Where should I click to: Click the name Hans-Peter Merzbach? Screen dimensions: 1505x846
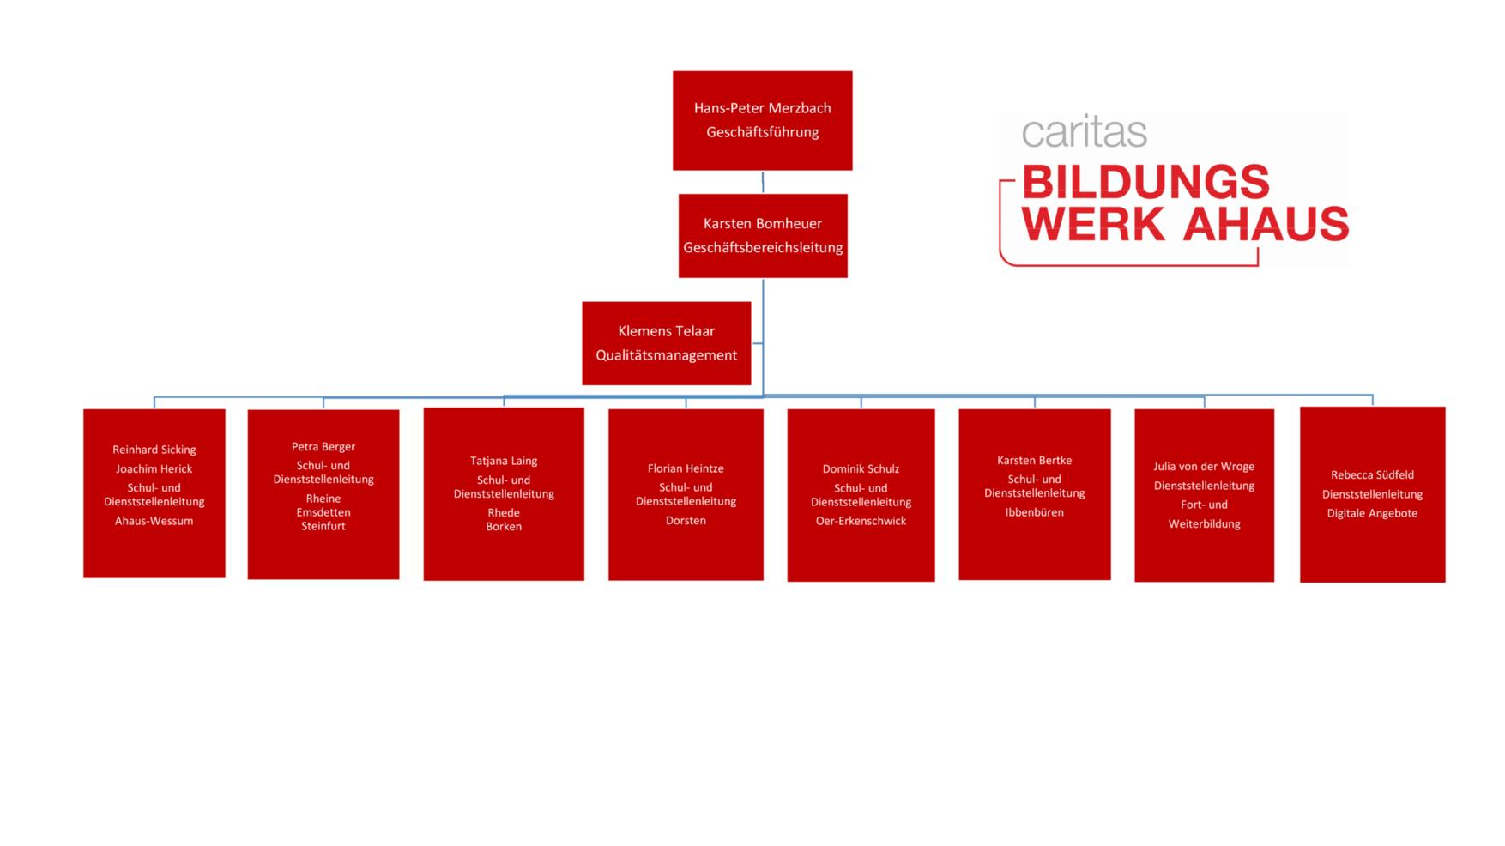(762, 108)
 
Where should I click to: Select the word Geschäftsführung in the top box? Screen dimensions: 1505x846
(762, 132)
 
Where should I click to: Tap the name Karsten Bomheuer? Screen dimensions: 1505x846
(762, 223)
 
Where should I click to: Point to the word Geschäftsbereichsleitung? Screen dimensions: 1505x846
(763, 247)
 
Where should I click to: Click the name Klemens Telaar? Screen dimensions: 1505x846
(666, 331)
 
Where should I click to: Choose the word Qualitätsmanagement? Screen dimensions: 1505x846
(666, 355)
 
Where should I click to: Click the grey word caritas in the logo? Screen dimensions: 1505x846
(1084, 132)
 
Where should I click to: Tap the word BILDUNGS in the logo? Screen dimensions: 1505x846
(1145, 182)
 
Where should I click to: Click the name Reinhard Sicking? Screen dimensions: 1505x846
(154, 450)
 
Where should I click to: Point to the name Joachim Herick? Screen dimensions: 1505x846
(154, 468)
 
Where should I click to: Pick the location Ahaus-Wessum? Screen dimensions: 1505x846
(154, 521)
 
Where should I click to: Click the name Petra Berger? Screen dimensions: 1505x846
(323, 447)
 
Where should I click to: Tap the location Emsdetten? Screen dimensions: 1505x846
(323, 512)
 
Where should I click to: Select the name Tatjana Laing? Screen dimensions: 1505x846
(504, 461)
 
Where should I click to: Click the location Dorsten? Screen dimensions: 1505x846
(686, 521)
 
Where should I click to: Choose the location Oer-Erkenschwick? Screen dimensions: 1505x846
(861, 521)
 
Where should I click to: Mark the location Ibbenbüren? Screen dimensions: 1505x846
(1034, 512)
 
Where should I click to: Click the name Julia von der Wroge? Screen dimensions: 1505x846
(1204, 467)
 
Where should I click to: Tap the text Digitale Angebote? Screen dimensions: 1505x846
(1372, 514)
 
